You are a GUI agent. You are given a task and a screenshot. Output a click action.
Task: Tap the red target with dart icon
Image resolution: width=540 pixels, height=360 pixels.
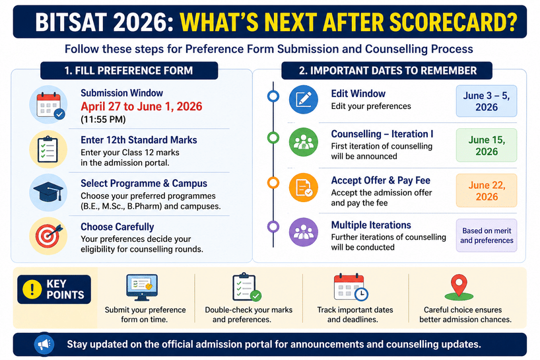(x=48, y=236)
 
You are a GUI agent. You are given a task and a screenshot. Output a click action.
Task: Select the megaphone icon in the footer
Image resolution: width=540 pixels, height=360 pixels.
(x=44, y=344)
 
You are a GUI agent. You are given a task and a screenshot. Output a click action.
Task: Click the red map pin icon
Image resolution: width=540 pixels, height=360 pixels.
(x=459, y=287)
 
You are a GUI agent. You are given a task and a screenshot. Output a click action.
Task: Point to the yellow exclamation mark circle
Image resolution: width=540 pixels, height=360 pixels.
(x=32, y=289)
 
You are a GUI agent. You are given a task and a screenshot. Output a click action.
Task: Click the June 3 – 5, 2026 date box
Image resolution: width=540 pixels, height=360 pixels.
(x=487, y=101)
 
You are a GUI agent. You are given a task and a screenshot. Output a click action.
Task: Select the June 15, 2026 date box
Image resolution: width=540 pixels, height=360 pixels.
(x=487, y=145)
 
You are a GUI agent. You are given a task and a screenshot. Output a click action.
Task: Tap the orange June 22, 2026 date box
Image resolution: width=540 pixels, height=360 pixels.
(x=487, y=190)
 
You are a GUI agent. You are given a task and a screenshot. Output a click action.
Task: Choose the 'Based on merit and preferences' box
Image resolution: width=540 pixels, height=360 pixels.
(x=487, y=235)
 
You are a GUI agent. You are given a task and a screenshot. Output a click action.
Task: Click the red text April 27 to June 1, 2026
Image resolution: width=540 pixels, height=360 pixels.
(x=141, y=106)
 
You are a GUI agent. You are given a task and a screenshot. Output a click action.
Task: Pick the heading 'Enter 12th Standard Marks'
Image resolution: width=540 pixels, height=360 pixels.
(x=139, y=140)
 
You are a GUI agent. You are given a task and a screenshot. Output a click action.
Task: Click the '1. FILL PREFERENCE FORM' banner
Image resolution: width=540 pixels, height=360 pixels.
(x=129, y=71)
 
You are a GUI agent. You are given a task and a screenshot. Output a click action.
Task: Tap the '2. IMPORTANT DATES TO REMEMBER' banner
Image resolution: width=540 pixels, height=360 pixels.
(x=387, y=71)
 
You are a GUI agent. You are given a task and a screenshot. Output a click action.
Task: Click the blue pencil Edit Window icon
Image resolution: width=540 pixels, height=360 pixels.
(x=304, y=100)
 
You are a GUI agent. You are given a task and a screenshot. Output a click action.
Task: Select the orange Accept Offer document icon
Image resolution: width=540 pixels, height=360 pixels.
(x=304, y=188)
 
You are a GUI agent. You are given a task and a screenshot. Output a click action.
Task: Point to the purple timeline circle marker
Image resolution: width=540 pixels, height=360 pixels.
(x=273, y=227)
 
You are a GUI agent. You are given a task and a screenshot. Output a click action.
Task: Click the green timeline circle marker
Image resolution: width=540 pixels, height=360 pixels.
(x=273, y=138)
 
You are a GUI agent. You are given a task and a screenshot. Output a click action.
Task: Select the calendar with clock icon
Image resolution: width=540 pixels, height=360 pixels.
(x=351, y=287)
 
